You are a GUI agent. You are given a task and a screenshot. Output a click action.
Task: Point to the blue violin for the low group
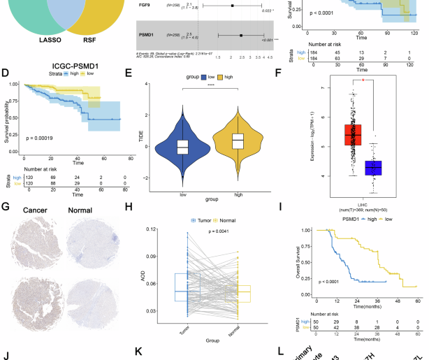182,146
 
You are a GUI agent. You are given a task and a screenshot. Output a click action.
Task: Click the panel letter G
6,207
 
